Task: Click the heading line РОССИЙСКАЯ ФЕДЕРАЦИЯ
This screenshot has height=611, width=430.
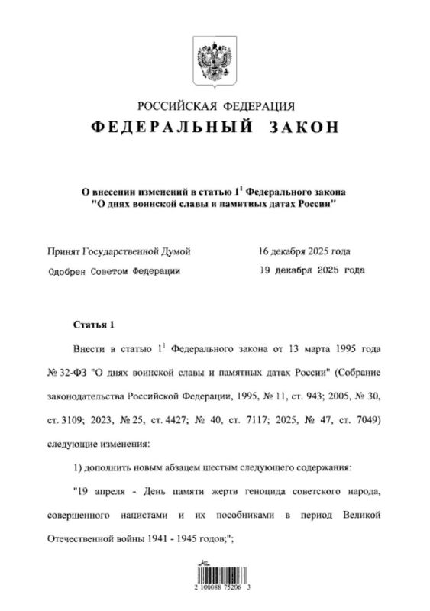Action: (215, 105)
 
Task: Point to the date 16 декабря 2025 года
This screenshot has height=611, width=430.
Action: (305, 251)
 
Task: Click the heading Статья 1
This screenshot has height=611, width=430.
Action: (95, 325)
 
